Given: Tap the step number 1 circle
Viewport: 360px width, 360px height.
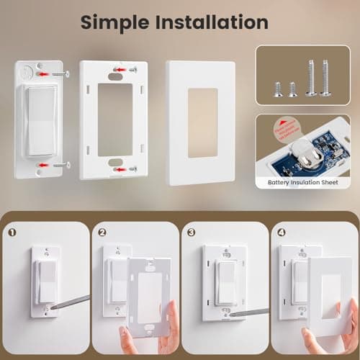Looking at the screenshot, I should click(x=12, y=232).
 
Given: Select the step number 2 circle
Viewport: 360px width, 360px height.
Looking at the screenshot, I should click(x=102, y=232).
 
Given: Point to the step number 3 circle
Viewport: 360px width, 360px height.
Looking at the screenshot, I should click(x=191, y=232).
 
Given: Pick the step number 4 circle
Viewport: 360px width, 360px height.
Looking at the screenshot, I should click(x=280, y=232).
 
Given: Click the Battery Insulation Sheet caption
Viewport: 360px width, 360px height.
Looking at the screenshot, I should click(x=304, y=183).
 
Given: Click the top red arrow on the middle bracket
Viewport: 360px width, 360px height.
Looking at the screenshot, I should click(x=120, y=69).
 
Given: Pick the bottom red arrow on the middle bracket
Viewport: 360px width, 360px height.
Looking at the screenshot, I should click(x=120, y=169).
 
